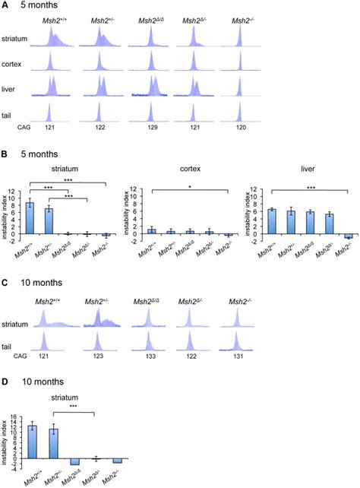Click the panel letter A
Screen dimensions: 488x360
coord(6,7)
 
